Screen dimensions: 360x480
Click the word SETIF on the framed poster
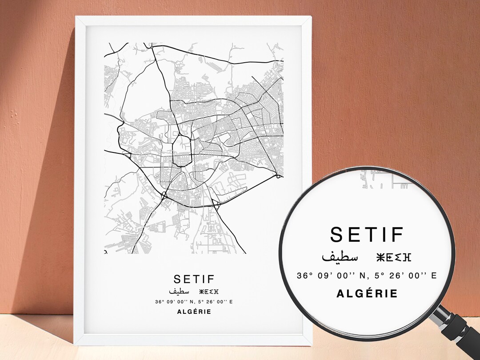tap(194, 279)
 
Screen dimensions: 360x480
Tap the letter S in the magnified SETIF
tap(337, 235)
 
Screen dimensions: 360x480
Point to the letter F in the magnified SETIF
tap(397, 235)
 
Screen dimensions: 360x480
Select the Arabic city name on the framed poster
tap(179, 292)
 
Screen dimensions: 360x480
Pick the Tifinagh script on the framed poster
tap(209, 292)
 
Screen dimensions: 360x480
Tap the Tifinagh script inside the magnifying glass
tap(394, 257)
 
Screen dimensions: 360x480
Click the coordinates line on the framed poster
tap(194, 302)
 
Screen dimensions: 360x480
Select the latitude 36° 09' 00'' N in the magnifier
tap(332, 276)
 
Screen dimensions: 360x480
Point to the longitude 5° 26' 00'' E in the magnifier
tap(405, 276)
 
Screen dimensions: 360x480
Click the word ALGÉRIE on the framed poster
tap(194, 312)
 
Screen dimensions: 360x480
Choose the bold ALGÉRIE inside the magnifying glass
tap(367, 294)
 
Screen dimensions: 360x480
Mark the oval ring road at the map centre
tap(181, 151)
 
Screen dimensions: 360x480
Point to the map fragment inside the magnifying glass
tap(382, 180)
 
